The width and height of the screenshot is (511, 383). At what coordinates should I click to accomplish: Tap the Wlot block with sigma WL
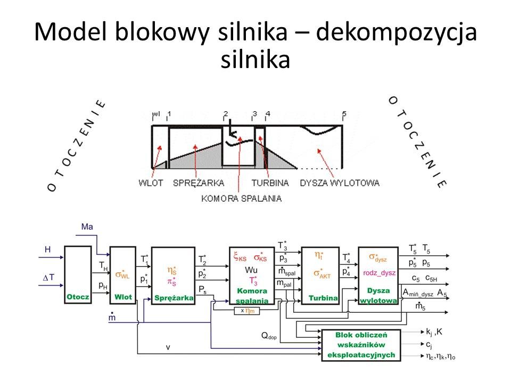coord(123,275)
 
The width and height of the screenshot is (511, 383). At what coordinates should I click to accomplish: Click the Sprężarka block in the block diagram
coord(173,275)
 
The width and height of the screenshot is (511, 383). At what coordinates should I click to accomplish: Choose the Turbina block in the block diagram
coord(320,275)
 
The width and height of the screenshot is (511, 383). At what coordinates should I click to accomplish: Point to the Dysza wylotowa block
coord(378,275)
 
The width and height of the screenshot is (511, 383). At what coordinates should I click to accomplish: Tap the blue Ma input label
coord(88,227)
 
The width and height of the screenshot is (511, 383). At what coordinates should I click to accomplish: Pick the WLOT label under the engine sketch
coord(151,183)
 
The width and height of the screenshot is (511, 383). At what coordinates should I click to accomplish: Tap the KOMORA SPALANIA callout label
coord(241,198)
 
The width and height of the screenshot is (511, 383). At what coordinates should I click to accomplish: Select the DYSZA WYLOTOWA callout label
coord(340,183)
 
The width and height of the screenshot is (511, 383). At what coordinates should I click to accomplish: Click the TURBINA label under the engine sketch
coord(270,183)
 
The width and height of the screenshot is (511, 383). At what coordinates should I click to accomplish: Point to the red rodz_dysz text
coord(378,273)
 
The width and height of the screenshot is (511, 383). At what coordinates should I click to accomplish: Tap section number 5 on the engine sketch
coord(344,114)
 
